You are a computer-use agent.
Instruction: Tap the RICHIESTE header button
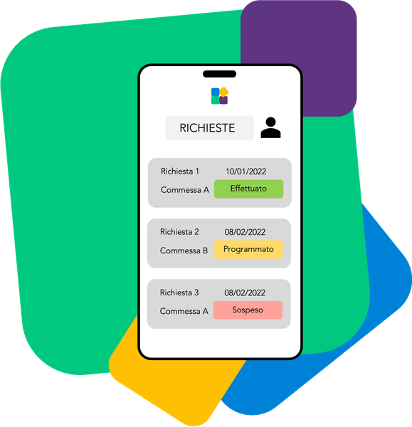(x=210, y=128)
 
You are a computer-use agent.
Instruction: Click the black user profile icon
(x=270, y=127)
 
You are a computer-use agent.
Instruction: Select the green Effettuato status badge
(x=248, y=189)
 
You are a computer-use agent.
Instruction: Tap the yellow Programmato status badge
(x=248, y=250)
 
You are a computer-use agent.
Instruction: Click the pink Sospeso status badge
(x=248, y=310)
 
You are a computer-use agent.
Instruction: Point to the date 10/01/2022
(x=246, y=172)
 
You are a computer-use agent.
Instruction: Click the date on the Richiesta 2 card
(x=245, y=232)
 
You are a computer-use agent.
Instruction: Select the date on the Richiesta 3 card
(x=245, y=292)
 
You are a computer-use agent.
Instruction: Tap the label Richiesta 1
(x=180, y=172)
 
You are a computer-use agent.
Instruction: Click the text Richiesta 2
(x=179, y=232)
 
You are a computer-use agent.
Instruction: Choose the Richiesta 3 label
(x=179, y=292)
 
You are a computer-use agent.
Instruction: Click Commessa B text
(x=184, y=251)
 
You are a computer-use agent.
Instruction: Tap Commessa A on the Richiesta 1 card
(x=185, y=190)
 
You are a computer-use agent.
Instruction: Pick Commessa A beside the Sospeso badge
(x=184, y=311)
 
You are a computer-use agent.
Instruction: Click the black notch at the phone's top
(x=219, y=74)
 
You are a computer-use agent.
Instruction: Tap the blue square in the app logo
(x=216, y=92)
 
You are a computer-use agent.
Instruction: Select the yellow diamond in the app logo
(x=224, y=92)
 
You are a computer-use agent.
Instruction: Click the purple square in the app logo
(x=223, y=100)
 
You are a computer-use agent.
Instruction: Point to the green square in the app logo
(x=216, y=100)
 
